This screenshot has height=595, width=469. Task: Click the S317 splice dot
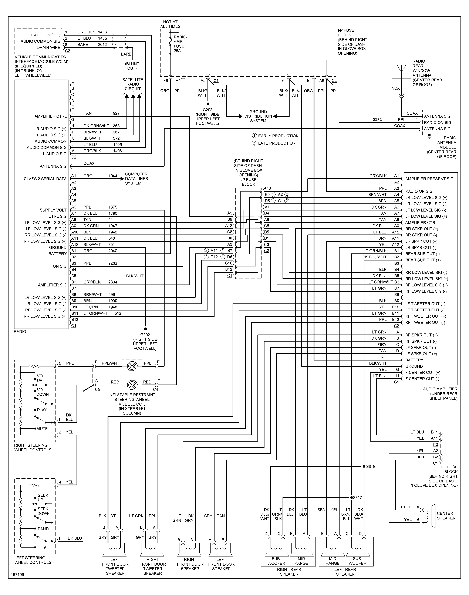[351, 498]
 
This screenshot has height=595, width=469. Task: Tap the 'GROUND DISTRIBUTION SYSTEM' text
[258, 116]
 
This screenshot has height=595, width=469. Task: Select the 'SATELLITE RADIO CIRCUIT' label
[133, 84]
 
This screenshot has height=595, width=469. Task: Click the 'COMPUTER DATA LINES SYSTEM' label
[136, 179]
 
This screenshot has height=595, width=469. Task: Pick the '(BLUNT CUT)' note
[132, 66]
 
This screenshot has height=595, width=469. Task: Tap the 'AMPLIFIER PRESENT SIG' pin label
[429, 179]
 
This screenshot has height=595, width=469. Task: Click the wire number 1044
[113, 176]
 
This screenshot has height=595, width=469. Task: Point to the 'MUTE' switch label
[42, 429]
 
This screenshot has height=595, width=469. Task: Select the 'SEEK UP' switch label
[43, 498]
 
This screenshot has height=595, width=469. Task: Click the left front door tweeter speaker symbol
[114, 549]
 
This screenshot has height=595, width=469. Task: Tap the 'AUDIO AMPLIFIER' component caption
[440, 389]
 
